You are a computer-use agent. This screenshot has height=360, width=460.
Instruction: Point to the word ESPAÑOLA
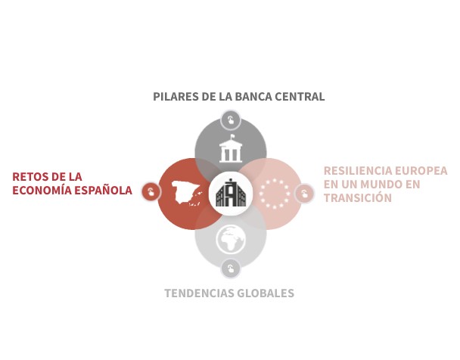(103, 190)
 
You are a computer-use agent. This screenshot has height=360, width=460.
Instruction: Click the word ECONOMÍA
(42, 190)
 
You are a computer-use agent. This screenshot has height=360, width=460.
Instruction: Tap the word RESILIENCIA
(358, 171)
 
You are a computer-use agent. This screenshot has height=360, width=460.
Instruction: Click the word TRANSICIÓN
(358, 197)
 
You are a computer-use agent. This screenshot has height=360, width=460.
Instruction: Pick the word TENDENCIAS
(199, 293)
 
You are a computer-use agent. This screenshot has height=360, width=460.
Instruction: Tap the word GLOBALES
(266, 293)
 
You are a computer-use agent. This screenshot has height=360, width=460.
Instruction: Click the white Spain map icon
(187, 193)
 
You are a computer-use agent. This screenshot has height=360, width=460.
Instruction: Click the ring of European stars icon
(275, 194)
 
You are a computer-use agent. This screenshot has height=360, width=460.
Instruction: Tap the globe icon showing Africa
(231, 239)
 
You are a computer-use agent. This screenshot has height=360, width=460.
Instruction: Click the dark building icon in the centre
(231, 193)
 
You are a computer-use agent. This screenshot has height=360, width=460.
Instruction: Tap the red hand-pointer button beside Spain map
(151, 192)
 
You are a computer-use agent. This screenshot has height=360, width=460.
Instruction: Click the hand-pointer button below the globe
(231, 268)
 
